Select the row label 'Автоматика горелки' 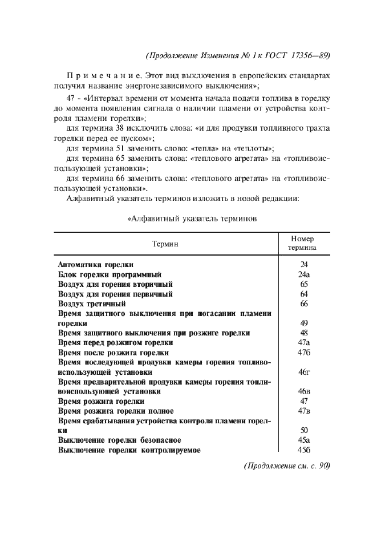pyautogui.click(x=96, y=264)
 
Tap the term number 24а pyautogui.click(x=303, y=274)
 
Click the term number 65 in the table pyautogui.click(x=303, y=284)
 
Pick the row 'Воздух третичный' pyautogui.click(x=92, y=304)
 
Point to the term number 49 pyautogui.click(x=303, y=323)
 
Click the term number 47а pyautogui.click(x=303, y=342)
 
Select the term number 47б pyautogui.click(x=303, y=353)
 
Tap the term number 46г pyautogui.click(x=303, y=372)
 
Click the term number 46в pyautogui.click(x=303, y=391)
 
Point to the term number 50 pyautogui.click(x=303, y=430)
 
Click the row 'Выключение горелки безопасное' pyautogui.click(x=120, y=440)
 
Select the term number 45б pyautogui.click(x=303, y=450)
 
